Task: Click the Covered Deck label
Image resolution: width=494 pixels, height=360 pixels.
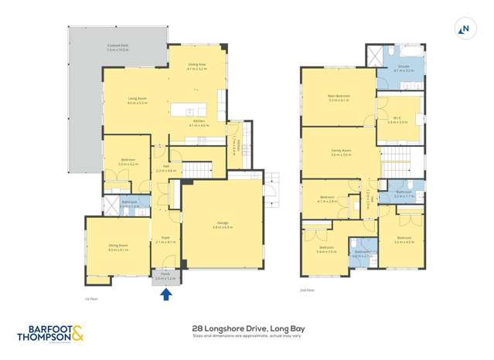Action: (x=118, y=48)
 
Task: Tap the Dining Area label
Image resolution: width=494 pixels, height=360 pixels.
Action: (x=197, y=66)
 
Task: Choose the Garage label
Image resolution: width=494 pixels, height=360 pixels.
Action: (x=222, y=226)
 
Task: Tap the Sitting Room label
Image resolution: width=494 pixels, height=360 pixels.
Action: (x=118, y=248)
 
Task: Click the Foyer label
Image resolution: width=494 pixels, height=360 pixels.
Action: (x=165, y=239)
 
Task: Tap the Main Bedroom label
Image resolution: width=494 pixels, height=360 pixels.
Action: (x=339, y=97)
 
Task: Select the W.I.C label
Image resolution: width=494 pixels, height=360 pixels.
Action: (x=397, y=120)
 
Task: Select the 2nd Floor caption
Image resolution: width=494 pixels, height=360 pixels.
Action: (x=308, y=290)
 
